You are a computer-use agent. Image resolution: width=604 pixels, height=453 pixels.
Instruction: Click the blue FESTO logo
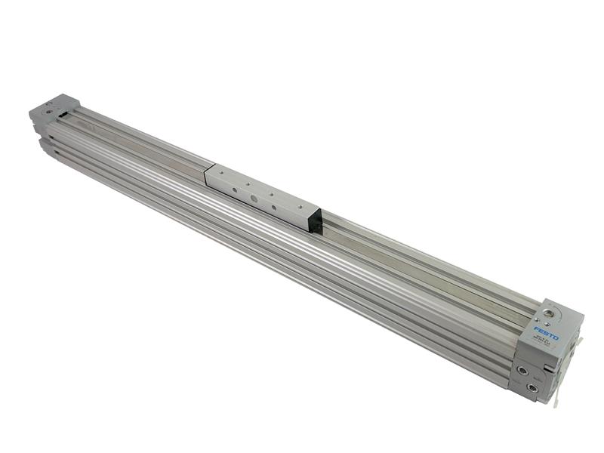pyautogui.click(x=547, y=332)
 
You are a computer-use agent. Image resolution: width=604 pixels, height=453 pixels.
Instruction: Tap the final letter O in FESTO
pyautogui.click(x=556, y=337)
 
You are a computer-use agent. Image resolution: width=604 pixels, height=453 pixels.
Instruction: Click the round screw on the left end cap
pyautogui.click(x=50, y=111)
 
